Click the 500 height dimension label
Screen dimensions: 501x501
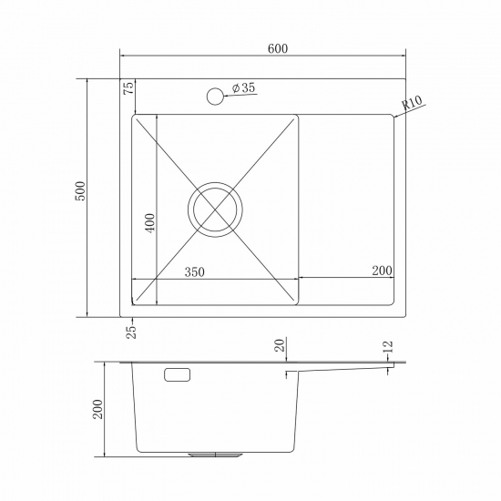pos(80,190)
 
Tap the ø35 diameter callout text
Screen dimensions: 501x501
pos(243,88)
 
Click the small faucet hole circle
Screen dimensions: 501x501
pos(215,95)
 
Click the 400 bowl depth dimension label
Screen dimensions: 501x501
pos(149,223)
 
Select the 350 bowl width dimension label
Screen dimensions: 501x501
pos(192,271)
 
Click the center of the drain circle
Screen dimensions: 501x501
pos(217,209)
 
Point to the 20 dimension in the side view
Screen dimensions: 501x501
pos(281,345)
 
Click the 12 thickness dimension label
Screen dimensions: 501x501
pos(388,346)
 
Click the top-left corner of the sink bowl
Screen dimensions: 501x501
pos(136,117)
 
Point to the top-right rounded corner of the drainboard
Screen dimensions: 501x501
pos(392,117)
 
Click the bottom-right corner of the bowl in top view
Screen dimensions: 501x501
pos(298,302)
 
